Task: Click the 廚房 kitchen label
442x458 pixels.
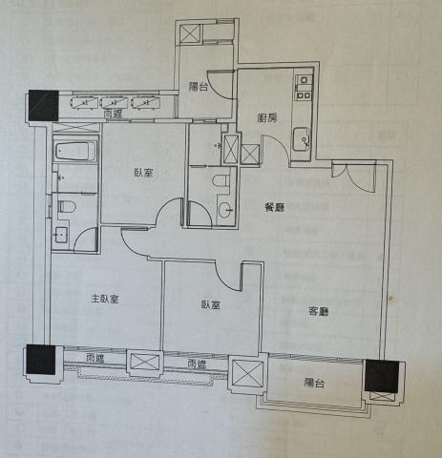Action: [x=266, y=118]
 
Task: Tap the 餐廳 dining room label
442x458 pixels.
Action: [x=275, y=208]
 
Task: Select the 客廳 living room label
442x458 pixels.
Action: [x=319, y=311]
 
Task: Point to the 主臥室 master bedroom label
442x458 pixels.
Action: [x=105, y=299]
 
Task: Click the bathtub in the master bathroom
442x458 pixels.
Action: [x=75, y=151]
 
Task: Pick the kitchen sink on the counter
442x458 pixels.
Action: [x=302, y=139]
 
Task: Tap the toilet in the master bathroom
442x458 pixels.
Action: [x=67, y=207]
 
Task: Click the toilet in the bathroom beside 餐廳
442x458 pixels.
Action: [x=221, y=180]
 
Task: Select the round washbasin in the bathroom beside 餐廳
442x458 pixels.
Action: [x=226, y=209]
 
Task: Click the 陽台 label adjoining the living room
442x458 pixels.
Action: [x=314, y=383]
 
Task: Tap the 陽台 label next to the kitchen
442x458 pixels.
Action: [x=199, y=87]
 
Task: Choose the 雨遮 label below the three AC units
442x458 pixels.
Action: [x=113, y=114]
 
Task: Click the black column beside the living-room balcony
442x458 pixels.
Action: [x=381, y=376]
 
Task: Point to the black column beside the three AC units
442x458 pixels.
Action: [x=43, y=106]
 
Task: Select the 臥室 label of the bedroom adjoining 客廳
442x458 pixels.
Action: [x=211, y=304]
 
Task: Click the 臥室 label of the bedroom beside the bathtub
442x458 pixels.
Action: [x=143, y=173]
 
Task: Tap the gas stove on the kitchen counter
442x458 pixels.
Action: [x=304, y=87]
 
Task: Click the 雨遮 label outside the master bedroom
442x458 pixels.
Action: [x=95, y=359]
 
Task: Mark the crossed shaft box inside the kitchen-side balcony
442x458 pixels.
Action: [x=190, y=33]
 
